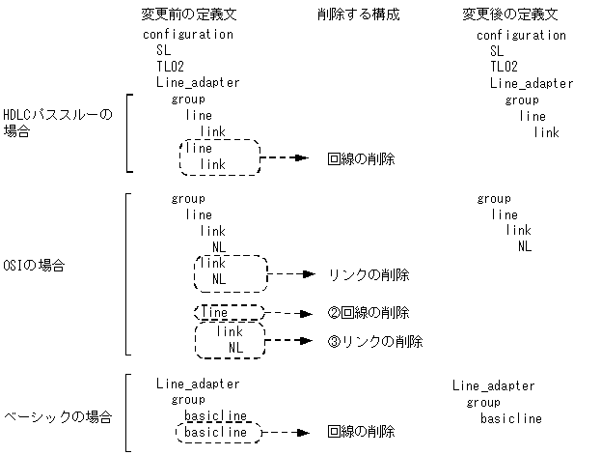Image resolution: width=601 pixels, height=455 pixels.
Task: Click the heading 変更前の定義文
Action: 188,14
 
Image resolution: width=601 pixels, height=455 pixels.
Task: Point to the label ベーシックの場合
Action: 58,417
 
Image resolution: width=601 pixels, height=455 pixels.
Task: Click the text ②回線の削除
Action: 369,313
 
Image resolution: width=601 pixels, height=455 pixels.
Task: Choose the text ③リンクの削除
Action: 375,341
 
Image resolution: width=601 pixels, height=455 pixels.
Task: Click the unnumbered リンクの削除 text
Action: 369,275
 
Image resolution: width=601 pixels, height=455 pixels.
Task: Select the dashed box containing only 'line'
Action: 229,313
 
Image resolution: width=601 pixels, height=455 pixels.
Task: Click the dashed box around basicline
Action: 217,433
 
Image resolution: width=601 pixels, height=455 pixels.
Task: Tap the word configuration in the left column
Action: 188,34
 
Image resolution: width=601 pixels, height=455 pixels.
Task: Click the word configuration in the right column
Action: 521,35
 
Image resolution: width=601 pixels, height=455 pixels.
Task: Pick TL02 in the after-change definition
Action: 504,67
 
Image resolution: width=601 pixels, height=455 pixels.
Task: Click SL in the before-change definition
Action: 163,50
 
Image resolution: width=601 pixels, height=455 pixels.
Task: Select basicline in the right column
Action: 510,418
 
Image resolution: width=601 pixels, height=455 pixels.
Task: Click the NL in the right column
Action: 524,246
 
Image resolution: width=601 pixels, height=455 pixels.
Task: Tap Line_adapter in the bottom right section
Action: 493,386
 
